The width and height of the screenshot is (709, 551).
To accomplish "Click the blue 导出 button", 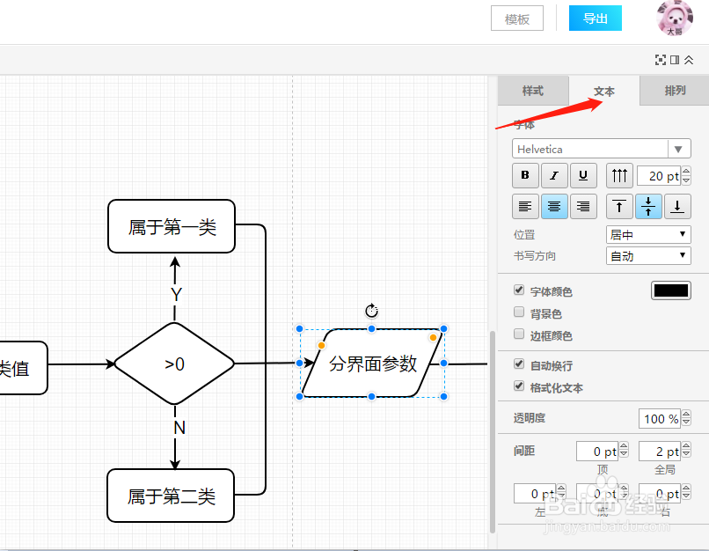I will click(x=595, y=18).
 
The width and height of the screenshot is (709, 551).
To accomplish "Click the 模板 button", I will click(x=517, y=18).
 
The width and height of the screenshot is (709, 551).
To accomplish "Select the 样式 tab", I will click(x=532, y=91).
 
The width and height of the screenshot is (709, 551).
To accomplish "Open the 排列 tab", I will click(x=675, y=91).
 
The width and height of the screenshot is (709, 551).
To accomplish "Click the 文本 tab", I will click(x=604, y=92).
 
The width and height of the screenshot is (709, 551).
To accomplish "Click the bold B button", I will click(x=525, y=175).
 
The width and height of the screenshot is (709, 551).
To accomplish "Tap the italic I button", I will click(x=554, y=175).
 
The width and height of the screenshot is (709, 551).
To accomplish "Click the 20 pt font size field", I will click(x=658, y=176).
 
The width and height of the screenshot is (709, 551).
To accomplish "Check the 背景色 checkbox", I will click(x=519, y=312).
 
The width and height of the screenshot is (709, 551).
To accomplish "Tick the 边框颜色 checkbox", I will click(x=519, y=334).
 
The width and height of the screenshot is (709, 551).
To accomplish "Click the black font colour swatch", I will click(x=670, y=290).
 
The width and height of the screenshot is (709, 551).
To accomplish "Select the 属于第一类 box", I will click(x=172, y=227).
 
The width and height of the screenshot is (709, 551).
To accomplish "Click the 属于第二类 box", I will click(x=172, y=496).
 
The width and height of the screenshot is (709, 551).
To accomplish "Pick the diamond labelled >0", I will click(x=174, y=364).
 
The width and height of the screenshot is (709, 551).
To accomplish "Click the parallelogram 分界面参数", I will click(x=372, y=364).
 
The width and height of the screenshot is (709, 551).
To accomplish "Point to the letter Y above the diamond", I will click(x=176, y=294).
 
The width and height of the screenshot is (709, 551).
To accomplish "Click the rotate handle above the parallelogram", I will click(x=371, y=310).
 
